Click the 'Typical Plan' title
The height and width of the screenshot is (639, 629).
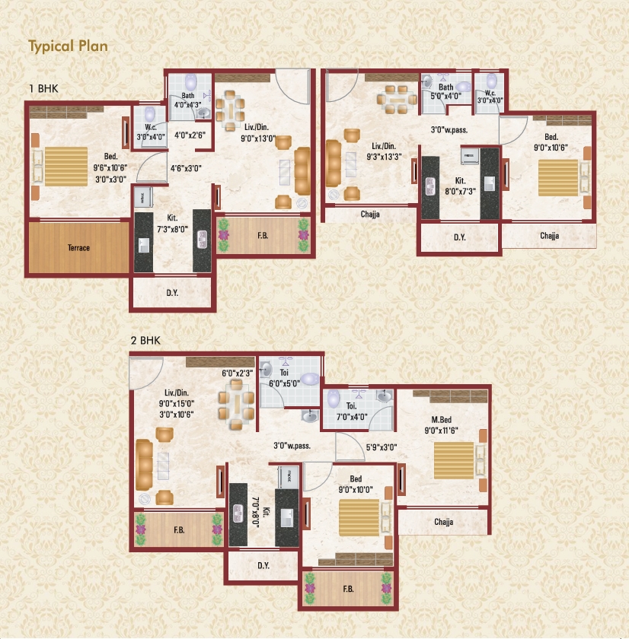click(x=68, y=46)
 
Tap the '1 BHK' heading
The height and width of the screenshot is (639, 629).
click(x=43, y=88)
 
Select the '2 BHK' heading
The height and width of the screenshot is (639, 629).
click(x=145, y=341)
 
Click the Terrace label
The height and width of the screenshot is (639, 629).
click(x=78, y=248)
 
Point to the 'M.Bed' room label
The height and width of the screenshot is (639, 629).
click(x=442, y=420)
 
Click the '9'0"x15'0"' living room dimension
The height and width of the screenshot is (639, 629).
click(x=177, y=403)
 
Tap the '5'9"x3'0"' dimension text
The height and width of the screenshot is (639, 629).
click(x=382, y=447)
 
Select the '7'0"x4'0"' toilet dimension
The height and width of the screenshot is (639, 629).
click(x=352, y=417)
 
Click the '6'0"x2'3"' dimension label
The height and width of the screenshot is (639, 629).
click(x=238, y=374)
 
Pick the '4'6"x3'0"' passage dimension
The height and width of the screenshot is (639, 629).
click(x=186, y=168)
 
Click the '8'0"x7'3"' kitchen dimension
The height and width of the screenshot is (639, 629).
click(x=461, y=191)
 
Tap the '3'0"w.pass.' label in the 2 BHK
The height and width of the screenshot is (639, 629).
click(x=292, y=446)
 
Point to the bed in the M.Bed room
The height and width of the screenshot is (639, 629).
click(x=454, y=460)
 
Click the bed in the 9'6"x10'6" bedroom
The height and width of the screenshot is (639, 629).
click(x=66, y=167)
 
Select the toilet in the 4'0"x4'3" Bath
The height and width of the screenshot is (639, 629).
click(x=191, y=82)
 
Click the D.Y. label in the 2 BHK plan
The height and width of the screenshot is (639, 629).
click(x=263, y=566)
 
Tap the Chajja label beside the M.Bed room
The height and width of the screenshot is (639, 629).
click(x=444, y=522)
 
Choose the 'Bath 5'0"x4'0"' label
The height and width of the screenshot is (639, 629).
click(x=445, y=92)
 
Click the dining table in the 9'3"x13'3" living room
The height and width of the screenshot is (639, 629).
click(x=397, y=100)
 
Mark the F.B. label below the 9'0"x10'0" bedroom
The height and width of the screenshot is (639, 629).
click(x=348, y=589)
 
